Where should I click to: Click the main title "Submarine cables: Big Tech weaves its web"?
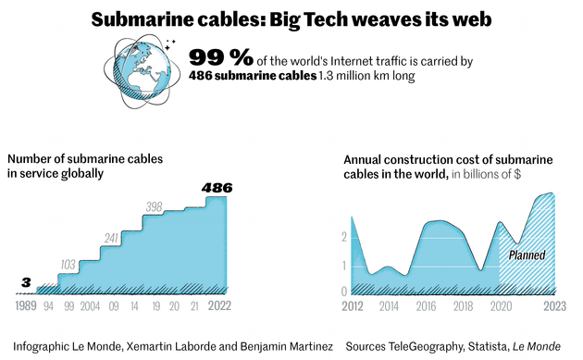[x=291, y=19]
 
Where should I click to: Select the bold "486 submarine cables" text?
[x=249, y=77]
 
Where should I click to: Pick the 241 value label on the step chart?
[x=112, y=239]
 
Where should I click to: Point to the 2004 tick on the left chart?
[x=92, y=304]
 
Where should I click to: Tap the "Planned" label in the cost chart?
[x=527, y=254]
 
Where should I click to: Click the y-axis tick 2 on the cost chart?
[x=343, y=237]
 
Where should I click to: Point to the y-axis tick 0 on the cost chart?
[x=343, y=292]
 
